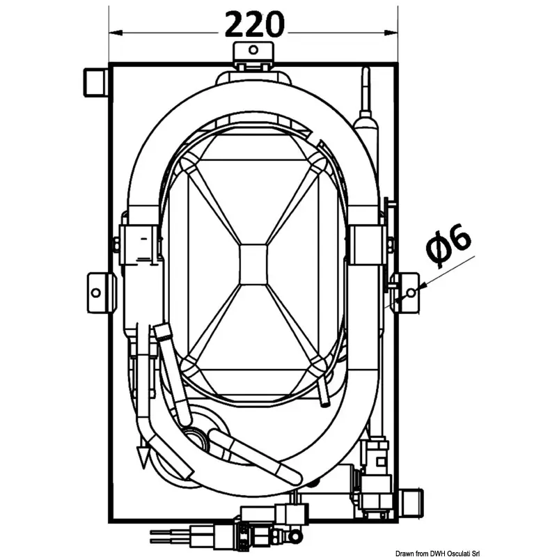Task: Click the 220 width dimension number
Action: coord(254,24)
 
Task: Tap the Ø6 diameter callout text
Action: coord(448,245)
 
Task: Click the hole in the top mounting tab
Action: coord(253,49)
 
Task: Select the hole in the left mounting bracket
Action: coord(96,293)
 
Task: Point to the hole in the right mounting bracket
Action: coord(411,292)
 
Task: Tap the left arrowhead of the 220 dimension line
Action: coord(116,33)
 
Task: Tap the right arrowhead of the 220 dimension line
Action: coord(391,33)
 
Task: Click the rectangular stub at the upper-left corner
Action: coord(95,82)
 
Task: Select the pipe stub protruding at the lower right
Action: coord(411,502)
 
